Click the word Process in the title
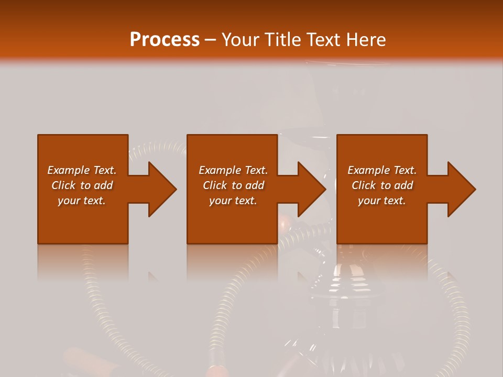tap(165, 40)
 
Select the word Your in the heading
tap(242, 40)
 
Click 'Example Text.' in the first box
tap(82, 170)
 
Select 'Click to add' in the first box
tap(82, 185)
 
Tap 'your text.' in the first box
tap(82, 201)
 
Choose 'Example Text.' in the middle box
tap(233, 170)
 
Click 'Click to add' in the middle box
tap(233, 185)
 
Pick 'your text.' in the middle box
tap(233, 201)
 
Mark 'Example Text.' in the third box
tap(382, 170)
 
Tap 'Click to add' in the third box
tap(382, 185)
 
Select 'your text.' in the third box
tap(382, 201)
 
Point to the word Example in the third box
tap(368, 170)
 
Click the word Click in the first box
tap(63, 185)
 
